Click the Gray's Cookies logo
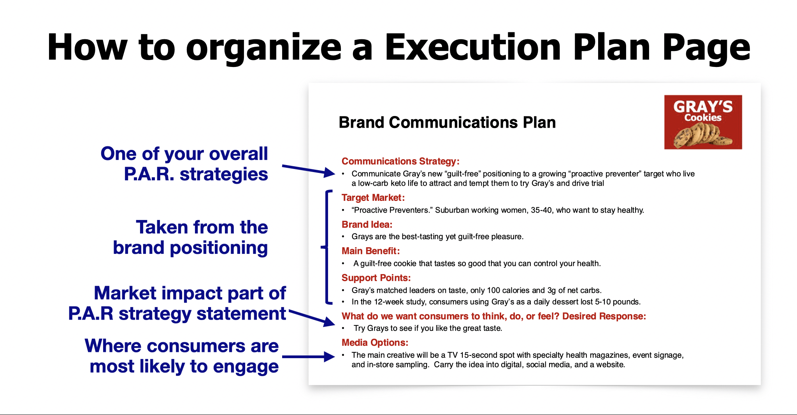703,122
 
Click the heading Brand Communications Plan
447,122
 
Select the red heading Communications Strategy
400,161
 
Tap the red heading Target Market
373,198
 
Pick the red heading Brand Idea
367,225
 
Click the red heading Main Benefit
370,251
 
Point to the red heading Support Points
376,278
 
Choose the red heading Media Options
375,343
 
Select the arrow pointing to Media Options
308,357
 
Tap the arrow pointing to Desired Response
311,318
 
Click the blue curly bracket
326,247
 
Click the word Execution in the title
473,47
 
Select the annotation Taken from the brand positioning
190,237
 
